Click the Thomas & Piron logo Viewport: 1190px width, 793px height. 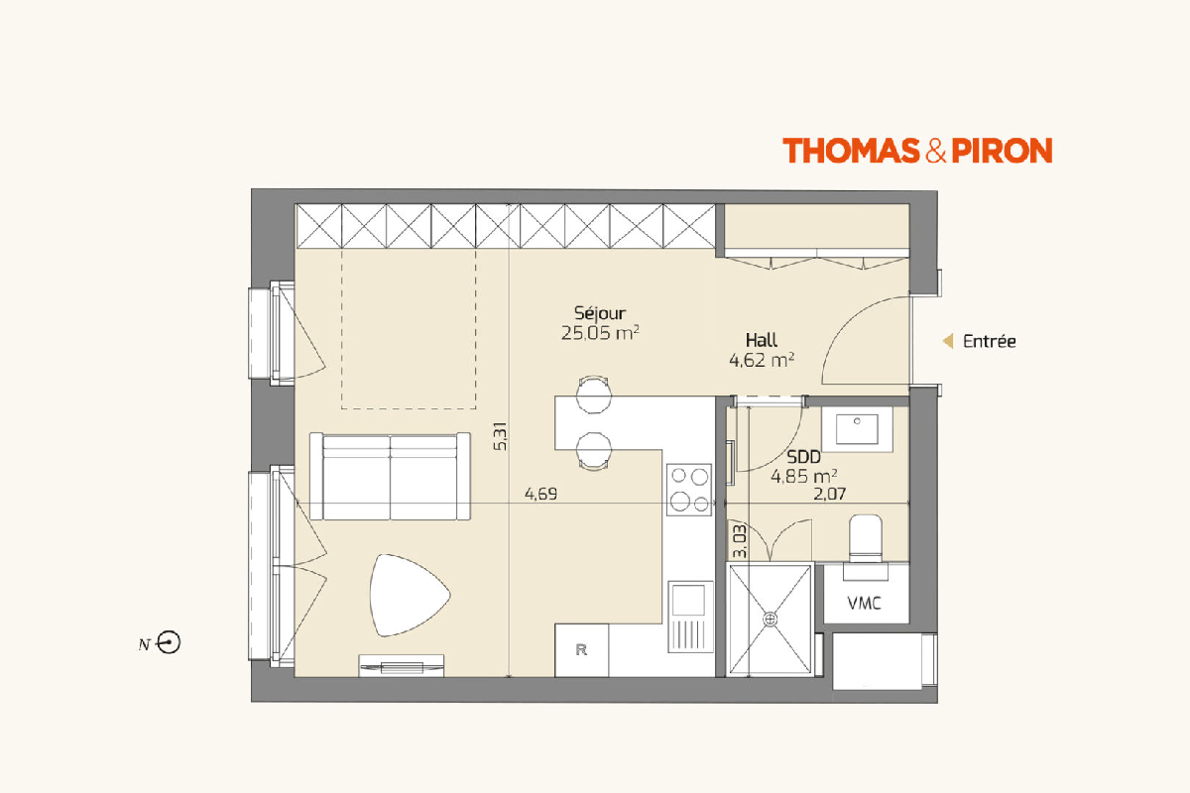click(917, 151)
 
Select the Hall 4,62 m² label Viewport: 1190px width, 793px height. click(762, 350)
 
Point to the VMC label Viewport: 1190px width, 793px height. click(865, 604)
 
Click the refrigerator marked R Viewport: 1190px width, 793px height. click(582, 650)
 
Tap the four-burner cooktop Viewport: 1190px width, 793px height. click(689, 490)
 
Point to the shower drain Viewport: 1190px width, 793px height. click(770, 620)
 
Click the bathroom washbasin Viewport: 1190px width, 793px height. click(857, 429)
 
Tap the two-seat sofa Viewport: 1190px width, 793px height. click(390, 477)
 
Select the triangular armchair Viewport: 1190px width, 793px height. click(409, 595)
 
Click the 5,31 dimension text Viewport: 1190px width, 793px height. click(501, 436)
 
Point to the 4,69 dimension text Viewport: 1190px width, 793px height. click(540, 495)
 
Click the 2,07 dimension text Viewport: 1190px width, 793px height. click(829, 495)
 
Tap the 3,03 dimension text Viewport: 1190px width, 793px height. click(740, 542)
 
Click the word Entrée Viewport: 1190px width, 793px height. click(990, 341)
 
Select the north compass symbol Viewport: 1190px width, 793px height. click(169, 642)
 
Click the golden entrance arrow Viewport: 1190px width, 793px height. click(948, 341)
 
